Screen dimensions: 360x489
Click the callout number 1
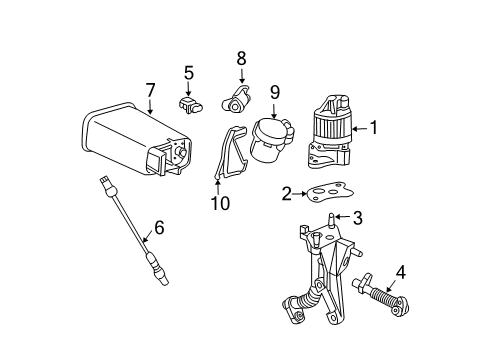[x=376, y=127]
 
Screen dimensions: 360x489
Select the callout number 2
[x=286, y=194]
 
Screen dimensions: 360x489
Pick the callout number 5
[x=187, y=72]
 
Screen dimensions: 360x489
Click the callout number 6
[x=158, y=229]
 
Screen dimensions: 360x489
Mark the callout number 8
[x=240, y=59]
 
